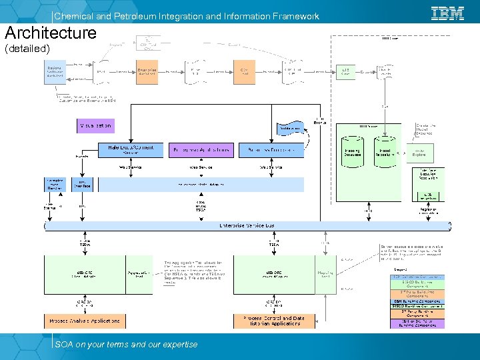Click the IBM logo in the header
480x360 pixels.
click(447, 13)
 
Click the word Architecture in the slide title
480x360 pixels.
click(51, 33)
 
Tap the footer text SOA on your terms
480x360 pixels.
click(126, 344)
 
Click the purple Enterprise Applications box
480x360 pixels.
click(201, 150)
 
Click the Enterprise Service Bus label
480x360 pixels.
click(247, 226)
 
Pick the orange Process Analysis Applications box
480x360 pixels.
click(84, 321)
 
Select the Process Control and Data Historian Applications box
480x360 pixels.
click(273, 321)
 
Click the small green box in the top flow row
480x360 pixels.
click(345, 71)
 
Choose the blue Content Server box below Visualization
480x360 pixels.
click(130, 150)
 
